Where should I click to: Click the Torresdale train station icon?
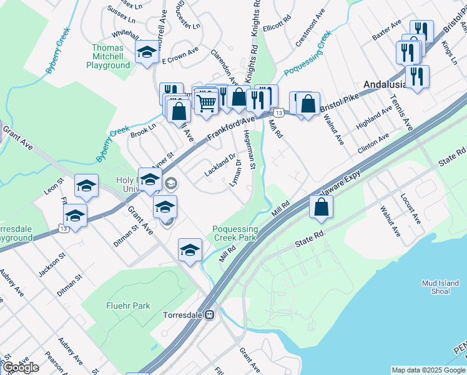(x=210, y=315)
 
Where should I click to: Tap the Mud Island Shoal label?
(x=445, y=286)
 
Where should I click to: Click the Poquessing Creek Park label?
(x=234, y=234)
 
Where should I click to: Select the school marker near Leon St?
(x=87, y=185)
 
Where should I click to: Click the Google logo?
(x=21, y=367)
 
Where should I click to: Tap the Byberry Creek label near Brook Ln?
(x=112, y=142)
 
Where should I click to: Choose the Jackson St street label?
(x=52, y=266)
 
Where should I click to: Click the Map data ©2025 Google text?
(x=428, y=370)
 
